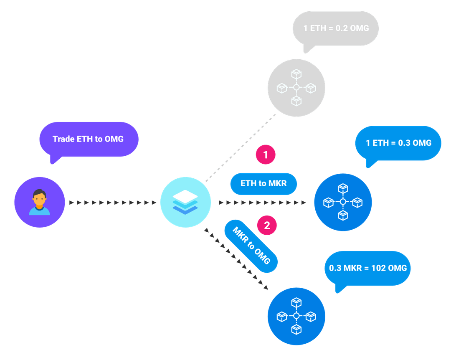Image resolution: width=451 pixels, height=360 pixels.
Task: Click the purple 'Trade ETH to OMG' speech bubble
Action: point(89,139)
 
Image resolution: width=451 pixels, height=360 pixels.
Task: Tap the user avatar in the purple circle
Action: point(39,203)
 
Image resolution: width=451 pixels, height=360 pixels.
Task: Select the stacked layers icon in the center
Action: point(185,203)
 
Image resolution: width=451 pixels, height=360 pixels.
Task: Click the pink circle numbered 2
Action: point(267,226)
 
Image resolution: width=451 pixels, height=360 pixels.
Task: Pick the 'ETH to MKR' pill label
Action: point(264,183)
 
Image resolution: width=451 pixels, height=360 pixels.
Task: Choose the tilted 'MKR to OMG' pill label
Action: point(251,246)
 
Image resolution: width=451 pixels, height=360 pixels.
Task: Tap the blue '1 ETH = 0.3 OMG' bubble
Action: point(398,143)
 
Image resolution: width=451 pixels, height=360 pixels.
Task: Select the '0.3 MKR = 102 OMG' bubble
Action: point(367,268)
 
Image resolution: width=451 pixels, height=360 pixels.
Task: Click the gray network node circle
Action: point(296,88)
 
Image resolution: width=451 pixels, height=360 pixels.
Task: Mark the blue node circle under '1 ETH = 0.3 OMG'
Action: point(343,202)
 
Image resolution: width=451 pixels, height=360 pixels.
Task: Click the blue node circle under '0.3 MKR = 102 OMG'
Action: point(296,316)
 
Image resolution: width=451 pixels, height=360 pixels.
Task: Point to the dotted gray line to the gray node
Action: point(240,148)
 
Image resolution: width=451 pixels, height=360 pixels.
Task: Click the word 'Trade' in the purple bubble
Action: point(63,139)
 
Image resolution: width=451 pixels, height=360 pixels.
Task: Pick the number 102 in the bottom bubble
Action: point(378,268)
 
